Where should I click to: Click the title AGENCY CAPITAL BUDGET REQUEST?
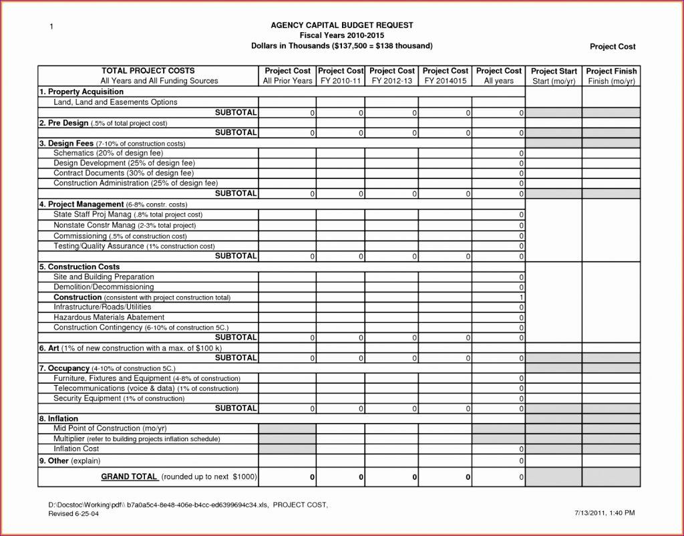click(x=341, y=25)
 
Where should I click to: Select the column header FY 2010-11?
click(x=341, y=76)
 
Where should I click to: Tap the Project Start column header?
click(x=553, y=76)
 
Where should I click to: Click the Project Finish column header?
click(x=611, y=76)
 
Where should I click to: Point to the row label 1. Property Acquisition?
click(x=81, y=92)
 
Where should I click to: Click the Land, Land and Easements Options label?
click(x=115, y=102)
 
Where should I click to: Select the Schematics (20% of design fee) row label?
click(x=108, y=153)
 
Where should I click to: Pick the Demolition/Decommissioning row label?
click(x=103, y=287)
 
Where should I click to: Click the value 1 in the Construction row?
click(x=521, y=297)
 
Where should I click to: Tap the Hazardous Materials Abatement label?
click(x=108, y=317)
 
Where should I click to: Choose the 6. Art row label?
click(x=130, y=348)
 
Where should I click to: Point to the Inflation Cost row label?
click(x=76, y=449)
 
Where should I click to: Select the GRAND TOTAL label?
click(x=129, y=477)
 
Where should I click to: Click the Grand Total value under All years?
click(x=521, y=477)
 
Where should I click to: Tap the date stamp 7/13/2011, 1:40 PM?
click(x=604, y=512)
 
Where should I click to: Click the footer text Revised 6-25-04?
click(x=73, y=513)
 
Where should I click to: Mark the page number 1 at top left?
click(x=51, y=26)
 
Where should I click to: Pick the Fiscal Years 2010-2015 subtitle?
click(x=341, y=35)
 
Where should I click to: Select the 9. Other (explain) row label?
click(x=69, y=461)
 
